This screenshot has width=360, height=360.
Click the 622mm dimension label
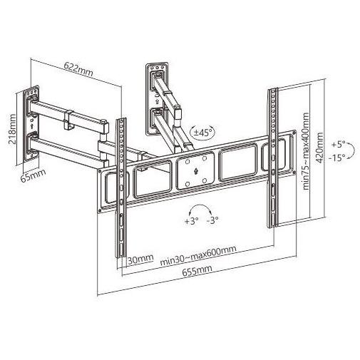click(78, 69)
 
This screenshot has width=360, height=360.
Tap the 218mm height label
click(12, 129)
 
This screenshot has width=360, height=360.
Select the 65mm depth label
click(33, 175)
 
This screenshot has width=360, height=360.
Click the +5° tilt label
click(339, 144)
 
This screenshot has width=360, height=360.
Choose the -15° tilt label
click(337, 158)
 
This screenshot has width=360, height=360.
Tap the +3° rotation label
click(192, 221)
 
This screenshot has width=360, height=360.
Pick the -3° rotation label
click(212, 220)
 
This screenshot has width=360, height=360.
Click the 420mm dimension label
click(319, 148)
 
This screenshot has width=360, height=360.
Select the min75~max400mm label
click(307, 151)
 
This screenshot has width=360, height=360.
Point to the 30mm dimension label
click(140, 259)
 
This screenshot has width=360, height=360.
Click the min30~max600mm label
click(198, 255)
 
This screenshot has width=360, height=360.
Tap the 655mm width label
click(197, 270)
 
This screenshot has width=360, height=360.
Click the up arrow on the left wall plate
click(32, 125)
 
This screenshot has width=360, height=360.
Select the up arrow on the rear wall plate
click(157, 102)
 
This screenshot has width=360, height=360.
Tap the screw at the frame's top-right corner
click(294, 132)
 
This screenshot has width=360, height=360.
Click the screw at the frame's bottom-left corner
click(101, 210)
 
